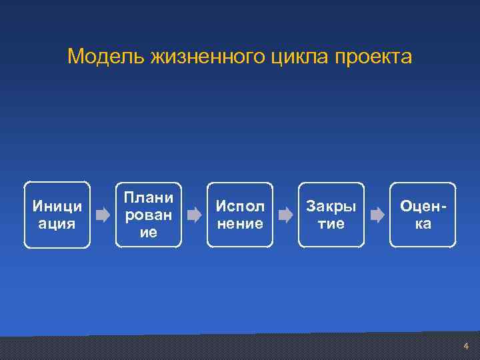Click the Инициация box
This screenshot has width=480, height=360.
point(57,215)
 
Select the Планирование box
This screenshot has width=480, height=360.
point(149,215)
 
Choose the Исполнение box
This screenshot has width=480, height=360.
point(240,215)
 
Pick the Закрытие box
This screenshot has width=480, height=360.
point(331,215)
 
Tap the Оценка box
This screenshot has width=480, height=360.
point(423,215)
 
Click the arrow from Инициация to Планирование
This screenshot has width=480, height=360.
point(103,215)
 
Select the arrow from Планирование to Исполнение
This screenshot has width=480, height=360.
point(194,215)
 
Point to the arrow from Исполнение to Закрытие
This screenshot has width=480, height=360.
point(285,215)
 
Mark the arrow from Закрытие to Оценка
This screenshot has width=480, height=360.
point(377,215)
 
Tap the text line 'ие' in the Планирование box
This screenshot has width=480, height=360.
point(149,233)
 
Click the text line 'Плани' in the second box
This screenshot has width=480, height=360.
point(149,197)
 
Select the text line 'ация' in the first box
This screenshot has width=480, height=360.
point(57,224)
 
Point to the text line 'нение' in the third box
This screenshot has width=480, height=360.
point(240,224)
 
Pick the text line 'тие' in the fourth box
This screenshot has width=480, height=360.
point(331,224)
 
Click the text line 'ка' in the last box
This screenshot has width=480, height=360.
point(423,224)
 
